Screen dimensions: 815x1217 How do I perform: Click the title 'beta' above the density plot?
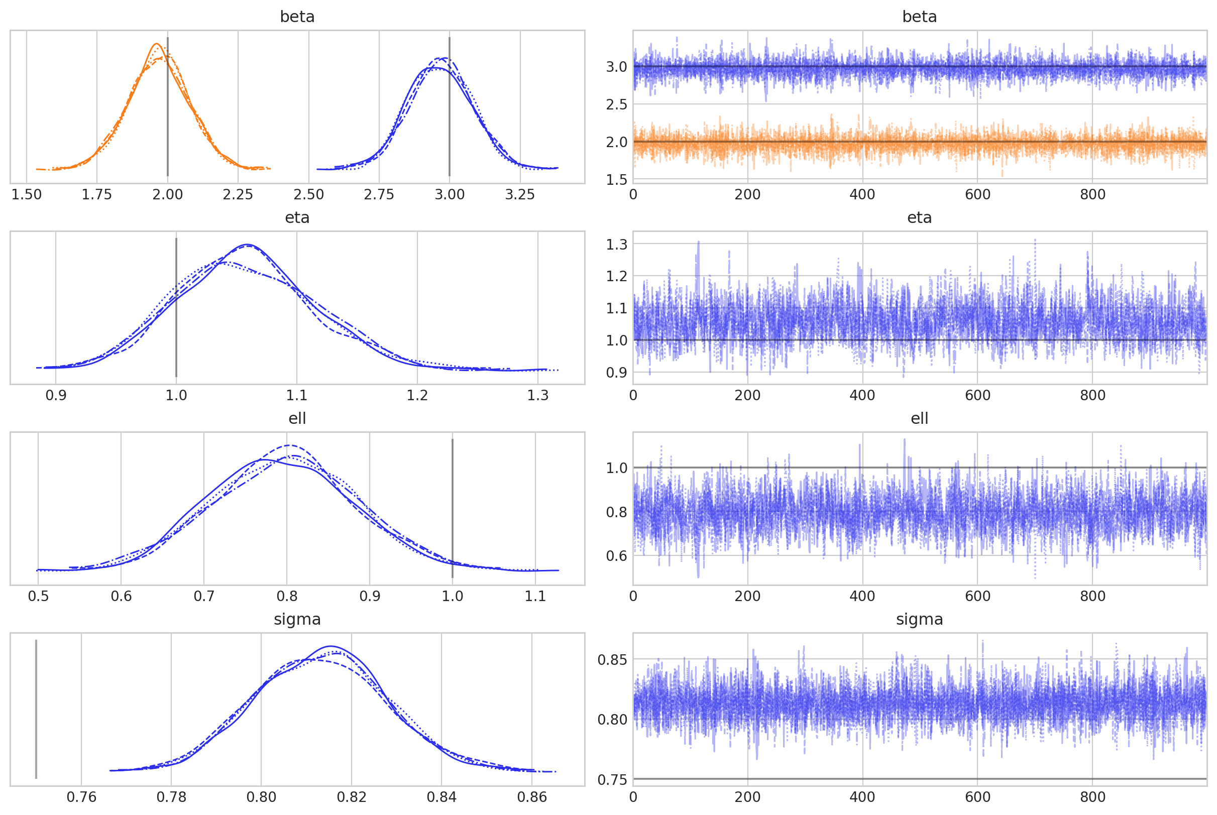(297, 17)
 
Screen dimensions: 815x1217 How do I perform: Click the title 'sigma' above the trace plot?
(919, 620)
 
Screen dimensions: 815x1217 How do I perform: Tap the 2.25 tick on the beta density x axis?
(238, 195)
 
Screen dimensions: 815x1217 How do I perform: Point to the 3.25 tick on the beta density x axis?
(520, 195)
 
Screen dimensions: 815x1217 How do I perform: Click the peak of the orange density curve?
(156, 44)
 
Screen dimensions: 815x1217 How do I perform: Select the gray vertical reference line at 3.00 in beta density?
(449, 104)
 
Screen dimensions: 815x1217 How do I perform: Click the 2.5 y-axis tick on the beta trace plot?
(617, 104)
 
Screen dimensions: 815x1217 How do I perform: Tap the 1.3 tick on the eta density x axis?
(537, 396)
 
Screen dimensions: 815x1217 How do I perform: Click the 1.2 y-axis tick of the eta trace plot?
(617, 276)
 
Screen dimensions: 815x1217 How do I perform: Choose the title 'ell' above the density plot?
(297, 418)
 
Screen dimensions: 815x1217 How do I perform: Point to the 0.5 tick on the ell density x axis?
(38, 596)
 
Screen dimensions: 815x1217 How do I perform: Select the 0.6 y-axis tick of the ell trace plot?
(617, 555)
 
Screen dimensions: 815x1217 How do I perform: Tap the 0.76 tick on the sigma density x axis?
(81, 797)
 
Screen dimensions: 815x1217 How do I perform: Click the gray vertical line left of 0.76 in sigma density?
(36, 710)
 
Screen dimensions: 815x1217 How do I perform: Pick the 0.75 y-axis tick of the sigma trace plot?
(612, 780)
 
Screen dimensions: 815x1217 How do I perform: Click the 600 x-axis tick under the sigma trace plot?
(977, 797)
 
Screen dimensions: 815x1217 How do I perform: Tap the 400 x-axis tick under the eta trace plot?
(862, 396)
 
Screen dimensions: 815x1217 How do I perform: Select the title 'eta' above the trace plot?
(919, 218)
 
